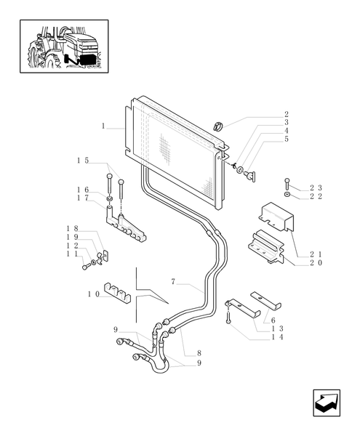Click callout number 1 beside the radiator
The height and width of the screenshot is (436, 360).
(104, 126)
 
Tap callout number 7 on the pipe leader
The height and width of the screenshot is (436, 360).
(173, 282)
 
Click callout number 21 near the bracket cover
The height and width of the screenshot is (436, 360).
(315, 254)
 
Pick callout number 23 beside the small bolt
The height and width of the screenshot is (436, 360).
(315, 187)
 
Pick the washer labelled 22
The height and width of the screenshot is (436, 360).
(288, 195)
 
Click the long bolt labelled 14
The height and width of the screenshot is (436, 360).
(228, 316)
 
